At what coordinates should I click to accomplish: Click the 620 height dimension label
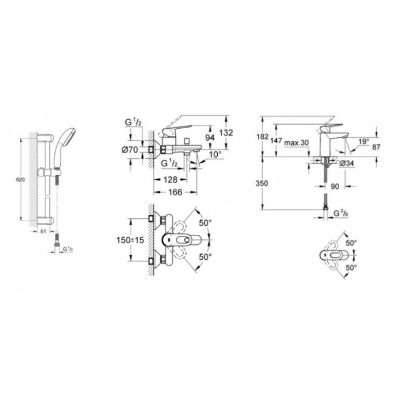[20, 180]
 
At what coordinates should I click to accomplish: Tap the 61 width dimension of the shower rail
[43, 231]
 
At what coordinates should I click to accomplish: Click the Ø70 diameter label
[130, 150]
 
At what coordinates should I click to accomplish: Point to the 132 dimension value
[226, 133]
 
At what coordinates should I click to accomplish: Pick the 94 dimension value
[209, 138]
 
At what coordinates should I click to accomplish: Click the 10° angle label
[215, 154]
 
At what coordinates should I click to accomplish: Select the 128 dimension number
[170, 180]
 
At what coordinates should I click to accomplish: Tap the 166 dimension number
[175, 192]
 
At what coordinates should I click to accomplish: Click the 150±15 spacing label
[130, 240]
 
